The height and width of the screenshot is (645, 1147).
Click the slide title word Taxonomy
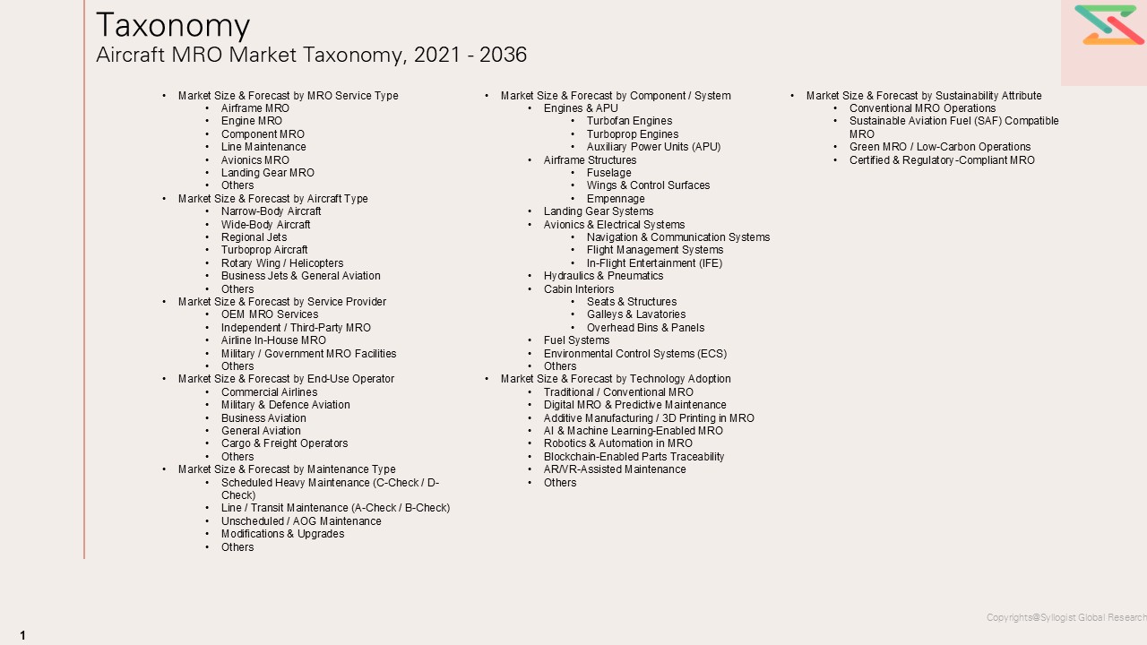173,25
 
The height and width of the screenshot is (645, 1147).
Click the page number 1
22,635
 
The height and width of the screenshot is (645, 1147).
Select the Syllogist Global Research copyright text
1065,617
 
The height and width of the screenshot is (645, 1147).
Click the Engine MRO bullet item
252,121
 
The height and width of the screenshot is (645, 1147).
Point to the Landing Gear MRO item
268,173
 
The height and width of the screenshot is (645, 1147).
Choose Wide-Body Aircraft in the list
266,225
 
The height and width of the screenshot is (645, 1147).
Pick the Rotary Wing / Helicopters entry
282,263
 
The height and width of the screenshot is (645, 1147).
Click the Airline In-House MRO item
273,340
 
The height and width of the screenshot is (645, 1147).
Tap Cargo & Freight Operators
284,443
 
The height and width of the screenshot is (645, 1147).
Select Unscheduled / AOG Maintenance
301,521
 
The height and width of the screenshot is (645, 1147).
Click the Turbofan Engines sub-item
629,121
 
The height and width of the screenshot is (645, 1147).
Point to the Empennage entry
616,199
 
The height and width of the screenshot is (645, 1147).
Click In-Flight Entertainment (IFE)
654,263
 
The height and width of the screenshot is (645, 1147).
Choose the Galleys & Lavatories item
636,314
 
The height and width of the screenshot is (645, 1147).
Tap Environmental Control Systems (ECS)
635,354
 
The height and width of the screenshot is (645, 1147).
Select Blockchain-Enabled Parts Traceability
634,457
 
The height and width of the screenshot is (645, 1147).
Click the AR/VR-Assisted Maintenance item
615,469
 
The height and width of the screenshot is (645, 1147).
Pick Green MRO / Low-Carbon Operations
940,147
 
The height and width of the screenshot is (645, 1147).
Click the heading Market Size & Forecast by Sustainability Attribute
924,96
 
